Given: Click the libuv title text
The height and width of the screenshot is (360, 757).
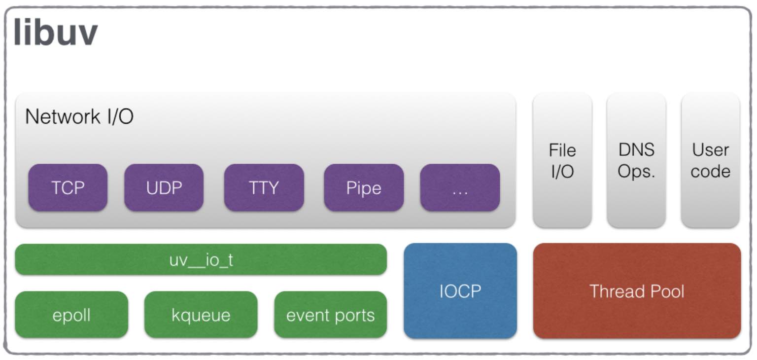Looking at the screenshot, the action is [x=56, y=32].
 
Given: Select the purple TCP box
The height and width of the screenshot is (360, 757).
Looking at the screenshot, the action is [x=68, y=187].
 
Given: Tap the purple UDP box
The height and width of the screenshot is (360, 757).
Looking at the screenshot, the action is [x=164, y=187].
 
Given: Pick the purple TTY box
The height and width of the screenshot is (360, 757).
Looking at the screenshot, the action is [x=264, y=187].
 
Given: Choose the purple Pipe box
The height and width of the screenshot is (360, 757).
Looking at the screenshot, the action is [x=364, y=187].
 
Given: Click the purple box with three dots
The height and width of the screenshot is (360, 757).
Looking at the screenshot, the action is [x=460, y=187].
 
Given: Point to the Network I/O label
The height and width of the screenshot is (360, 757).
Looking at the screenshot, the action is [x=79, y=116].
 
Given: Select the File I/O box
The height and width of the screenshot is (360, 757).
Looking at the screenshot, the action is [x=562, y=161].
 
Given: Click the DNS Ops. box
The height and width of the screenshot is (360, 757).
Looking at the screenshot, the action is [x=636, y=161].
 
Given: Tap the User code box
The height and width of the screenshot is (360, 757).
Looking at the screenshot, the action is [x=710, y=161].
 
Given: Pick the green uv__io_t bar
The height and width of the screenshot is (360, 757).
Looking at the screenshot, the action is [x=201, y=259].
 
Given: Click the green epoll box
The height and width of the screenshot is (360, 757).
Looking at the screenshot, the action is [x=71, y=315].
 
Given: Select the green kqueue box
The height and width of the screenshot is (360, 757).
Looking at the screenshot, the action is [x=201, y=315].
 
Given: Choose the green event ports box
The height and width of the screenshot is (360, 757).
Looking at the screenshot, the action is [x=331, y=315].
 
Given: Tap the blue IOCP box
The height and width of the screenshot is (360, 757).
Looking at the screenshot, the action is [x=460, y=290].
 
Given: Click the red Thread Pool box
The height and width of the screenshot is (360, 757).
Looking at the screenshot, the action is [x=637, y=290].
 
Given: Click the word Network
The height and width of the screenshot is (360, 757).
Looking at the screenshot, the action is [x=63, y=116].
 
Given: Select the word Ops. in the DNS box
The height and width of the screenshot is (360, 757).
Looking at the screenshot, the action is [x=636, y=172].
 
